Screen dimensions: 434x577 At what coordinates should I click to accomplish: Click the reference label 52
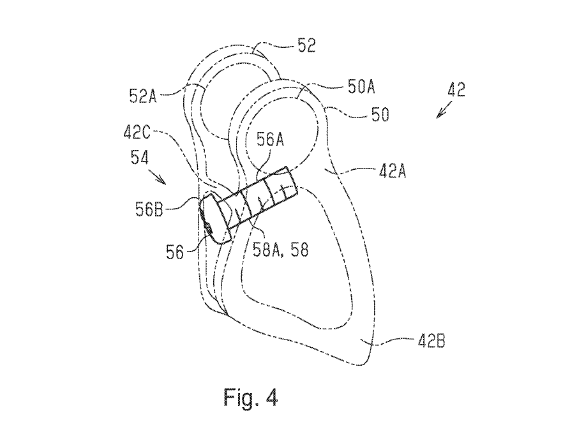[306, 46]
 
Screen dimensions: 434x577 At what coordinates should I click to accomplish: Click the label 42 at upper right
[456, 89]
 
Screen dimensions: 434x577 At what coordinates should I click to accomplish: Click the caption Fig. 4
[251, 399]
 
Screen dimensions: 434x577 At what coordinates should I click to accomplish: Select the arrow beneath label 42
[441, 113]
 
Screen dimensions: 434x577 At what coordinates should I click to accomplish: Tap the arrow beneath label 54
[161, 179]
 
